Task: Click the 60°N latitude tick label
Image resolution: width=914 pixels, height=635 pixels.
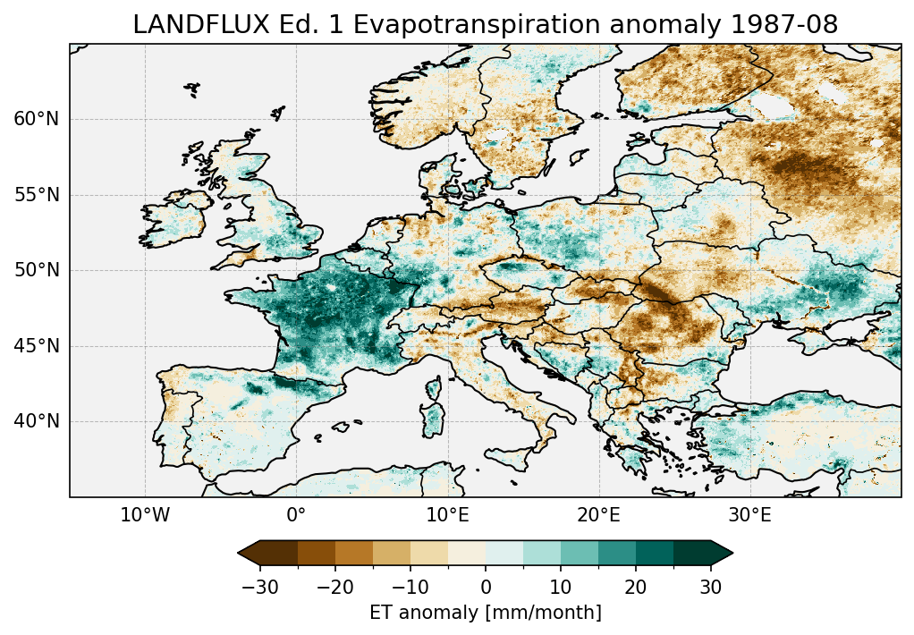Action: pos(36,119)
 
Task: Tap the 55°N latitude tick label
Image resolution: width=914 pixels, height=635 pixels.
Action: pos(36,195)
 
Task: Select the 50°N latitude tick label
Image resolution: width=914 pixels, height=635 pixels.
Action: pos(36,270)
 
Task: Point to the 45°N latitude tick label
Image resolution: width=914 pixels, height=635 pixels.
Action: pos(36,346)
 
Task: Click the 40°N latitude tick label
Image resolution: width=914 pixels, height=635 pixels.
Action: pos(36,421)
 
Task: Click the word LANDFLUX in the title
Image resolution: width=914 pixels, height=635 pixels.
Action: pos(187,25)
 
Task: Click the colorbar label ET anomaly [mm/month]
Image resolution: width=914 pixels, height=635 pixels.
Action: pos(486,613)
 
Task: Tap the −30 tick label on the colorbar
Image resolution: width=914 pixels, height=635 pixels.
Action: pos(259,587)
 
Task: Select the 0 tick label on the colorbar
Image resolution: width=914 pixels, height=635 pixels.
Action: pos(486,587)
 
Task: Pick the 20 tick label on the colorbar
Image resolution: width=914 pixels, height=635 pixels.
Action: pos(636,587)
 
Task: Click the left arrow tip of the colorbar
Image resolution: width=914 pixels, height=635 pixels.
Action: pos(240,553)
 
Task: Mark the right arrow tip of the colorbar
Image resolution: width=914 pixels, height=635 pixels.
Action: pos(732,553)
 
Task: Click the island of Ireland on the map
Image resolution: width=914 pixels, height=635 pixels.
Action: pos(174,219)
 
